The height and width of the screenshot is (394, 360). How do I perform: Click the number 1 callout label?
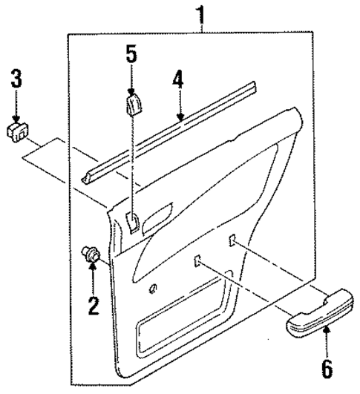pyautogui.click(x=198, y=14)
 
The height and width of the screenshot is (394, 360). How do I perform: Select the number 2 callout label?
pyautogui.click(x=94, y=305)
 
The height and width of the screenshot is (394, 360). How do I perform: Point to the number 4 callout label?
pyautogui.click(x=177, y=79)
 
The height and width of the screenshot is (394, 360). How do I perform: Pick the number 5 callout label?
pyautogui.click(x=131, y=53)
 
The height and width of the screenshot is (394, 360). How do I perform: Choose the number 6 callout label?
pyautogui.click(x=327, y=367)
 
